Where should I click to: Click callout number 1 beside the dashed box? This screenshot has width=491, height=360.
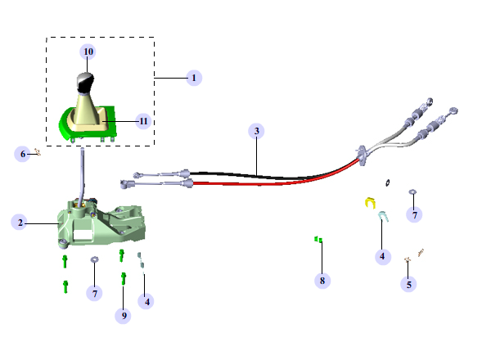point(194,78)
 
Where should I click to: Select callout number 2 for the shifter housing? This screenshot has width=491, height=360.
point(19,222)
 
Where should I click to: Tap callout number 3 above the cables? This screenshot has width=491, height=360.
point(257,131)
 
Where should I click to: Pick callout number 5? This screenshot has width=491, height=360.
point(409,285)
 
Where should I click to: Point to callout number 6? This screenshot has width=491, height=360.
point(23,153)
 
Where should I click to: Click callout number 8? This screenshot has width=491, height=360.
point(322,281)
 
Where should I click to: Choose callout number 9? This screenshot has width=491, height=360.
point(124,314)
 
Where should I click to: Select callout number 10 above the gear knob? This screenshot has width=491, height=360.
point(88,52)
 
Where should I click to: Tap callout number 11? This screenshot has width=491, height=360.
point(144,121)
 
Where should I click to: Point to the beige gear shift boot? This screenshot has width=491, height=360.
point(87,110)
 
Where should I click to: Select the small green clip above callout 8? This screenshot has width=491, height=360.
point(318,240)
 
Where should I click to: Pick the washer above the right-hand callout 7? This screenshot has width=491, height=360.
point(413,193)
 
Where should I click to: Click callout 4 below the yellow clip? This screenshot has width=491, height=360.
point(382,256)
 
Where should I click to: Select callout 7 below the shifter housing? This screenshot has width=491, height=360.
point(95,292)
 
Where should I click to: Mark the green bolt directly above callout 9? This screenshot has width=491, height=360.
point(123,278)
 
